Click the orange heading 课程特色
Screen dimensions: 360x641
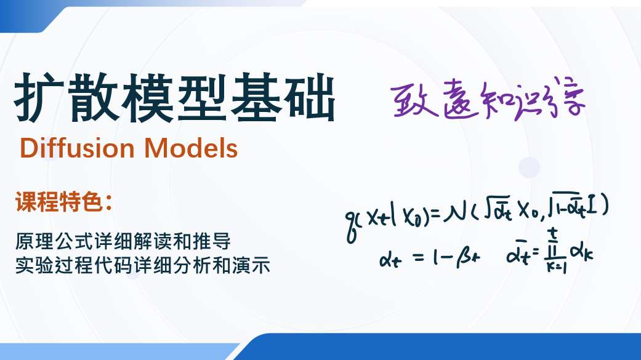pos(58,202)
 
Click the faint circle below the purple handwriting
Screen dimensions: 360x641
pos(528,167)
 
